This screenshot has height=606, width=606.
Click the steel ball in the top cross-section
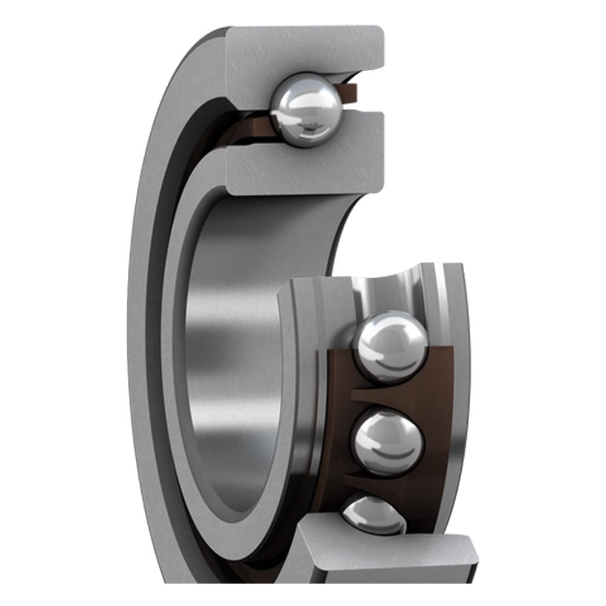click(305, 110)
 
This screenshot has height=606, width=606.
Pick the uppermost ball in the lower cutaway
click(391, 345)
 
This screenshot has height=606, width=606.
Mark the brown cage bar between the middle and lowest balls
click(388, 485)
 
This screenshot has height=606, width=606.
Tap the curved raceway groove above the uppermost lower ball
click(388, 291)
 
